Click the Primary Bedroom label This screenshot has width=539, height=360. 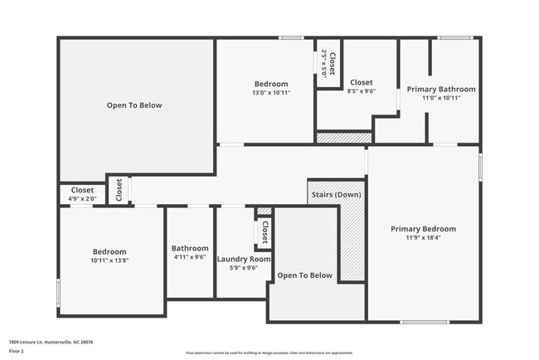[423, 229]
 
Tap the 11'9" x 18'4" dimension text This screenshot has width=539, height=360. [423, 238]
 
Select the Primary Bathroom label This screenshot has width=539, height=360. [440, 89]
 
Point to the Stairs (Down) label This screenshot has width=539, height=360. [335, 195]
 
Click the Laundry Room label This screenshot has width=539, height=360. [244, 259]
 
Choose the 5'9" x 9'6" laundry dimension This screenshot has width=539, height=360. [244, 268]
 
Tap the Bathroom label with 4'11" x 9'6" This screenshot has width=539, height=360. [190, 248]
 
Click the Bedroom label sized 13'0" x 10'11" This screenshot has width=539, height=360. [270, 84]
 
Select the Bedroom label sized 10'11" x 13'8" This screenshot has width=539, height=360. [109, 251]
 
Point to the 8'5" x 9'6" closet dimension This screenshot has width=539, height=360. [361, 92]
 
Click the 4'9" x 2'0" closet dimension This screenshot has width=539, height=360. [82, 199]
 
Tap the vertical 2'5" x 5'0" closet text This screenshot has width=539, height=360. [324, 64]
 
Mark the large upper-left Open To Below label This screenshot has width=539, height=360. [134, 105]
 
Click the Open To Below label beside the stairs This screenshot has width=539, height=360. [304, 275]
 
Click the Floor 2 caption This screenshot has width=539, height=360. [17, 351]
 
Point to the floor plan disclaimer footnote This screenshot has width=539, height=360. [269, 353]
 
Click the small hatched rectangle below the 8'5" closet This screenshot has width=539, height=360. [343, 138]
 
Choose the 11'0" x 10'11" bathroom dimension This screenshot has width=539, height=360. [440, 98]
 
